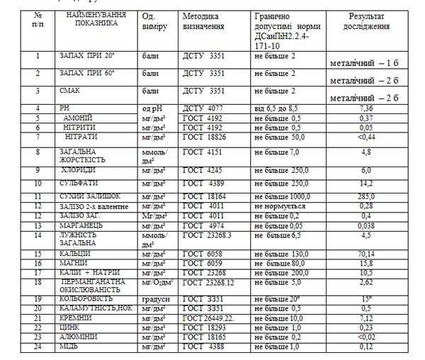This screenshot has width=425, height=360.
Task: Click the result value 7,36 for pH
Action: (366, 108)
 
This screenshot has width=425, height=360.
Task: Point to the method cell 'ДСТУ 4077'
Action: (204, 108)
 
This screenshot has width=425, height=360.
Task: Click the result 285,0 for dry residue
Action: (366, 196)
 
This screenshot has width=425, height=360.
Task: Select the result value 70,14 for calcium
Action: (366, 253)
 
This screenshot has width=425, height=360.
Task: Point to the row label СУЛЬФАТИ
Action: (79, 184)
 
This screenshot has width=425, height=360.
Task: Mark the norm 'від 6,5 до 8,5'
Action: (280, 108)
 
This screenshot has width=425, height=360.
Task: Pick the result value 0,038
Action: (366, 225)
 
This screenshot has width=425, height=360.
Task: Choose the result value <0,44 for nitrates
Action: (366, 136)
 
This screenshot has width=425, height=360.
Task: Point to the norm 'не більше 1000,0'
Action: (283, 196)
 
